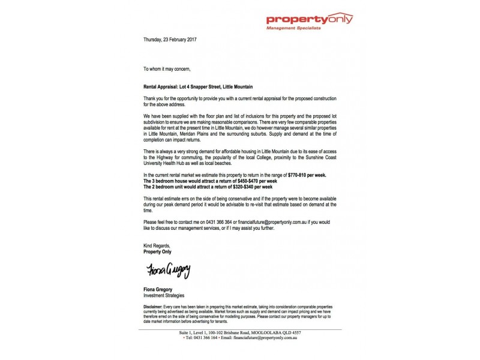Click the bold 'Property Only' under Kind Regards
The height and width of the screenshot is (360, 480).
coord(158,252)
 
